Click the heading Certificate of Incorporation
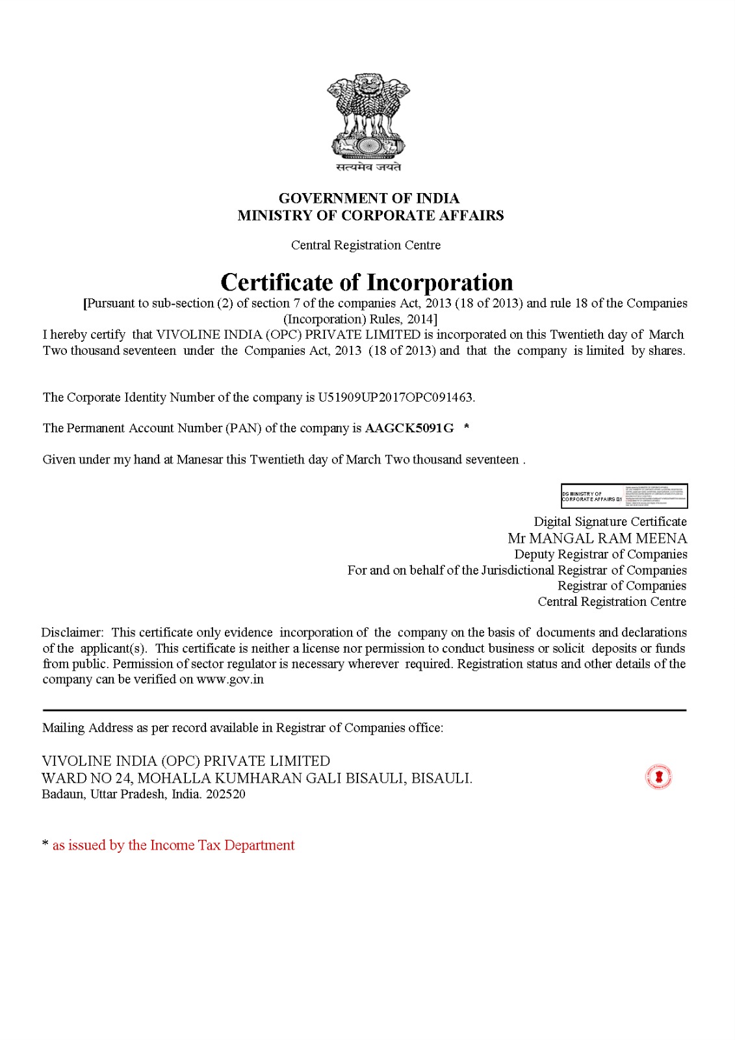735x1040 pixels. click(x=367, y=282)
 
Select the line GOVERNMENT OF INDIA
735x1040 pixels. click(x=368, y=198)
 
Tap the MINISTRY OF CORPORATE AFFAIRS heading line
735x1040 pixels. click(x=370, y=215)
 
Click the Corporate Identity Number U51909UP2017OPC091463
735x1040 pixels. click(x=395, y=397)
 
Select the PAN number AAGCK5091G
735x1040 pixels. click(x=409, y=428)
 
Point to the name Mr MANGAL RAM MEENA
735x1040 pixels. click(x=597, y=538)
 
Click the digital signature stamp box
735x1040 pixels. click(x=624, y=496)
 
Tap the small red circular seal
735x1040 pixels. click(x=658, y=777)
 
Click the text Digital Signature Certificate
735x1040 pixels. click(x=610, y=521)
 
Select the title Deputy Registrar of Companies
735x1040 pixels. click(x=600, y=554)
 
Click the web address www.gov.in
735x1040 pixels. click(x=230, y=679)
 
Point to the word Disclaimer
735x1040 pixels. click(x=72, y=632)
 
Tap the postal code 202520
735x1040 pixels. click(x=226, y=794)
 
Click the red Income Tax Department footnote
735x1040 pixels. click(x=173, y=845)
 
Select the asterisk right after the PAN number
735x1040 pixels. click(x=467, y=427)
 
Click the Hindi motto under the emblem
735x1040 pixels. click(x=368, y=167)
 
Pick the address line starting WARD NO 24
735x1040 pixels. click(x=257, y=778)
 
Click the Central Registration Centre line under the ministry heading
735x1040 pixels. click(x=366, y=245)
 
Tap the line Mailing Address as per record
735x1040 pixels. click(x=242, y=728)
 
